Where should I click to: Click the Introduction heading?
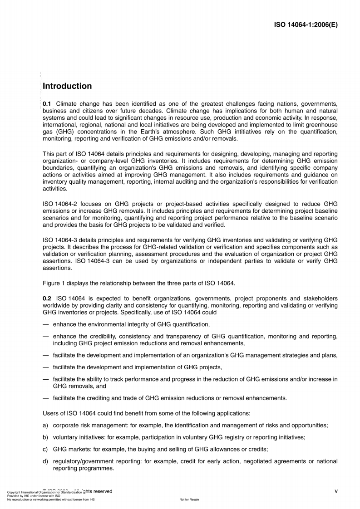point(67,86)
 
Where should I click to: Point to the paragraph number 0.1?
point(47,104)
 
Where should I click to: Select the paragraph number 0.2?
point(47,299)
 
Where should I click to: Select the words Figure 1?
point(54,284)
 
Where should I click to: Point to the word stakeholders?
point(320,299)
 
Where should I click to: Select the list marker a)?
point(45,426)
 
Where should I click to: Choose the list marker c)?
point(45,449)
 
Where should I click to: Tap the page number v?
point(336,491)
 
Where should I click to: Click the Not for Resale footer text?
point(189,499)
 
